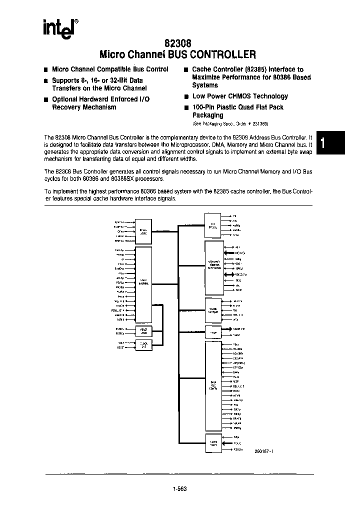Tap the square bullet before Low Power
[185, 97]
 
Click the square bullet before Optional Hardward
[45, 99]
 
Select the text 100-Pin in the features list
[203, 107]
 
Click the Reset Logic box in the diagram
[143, 331]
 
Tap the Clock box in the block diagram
[143, 345]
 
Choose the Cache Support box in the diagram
[213, 310]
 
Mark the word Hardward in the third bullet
[105, 99]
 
